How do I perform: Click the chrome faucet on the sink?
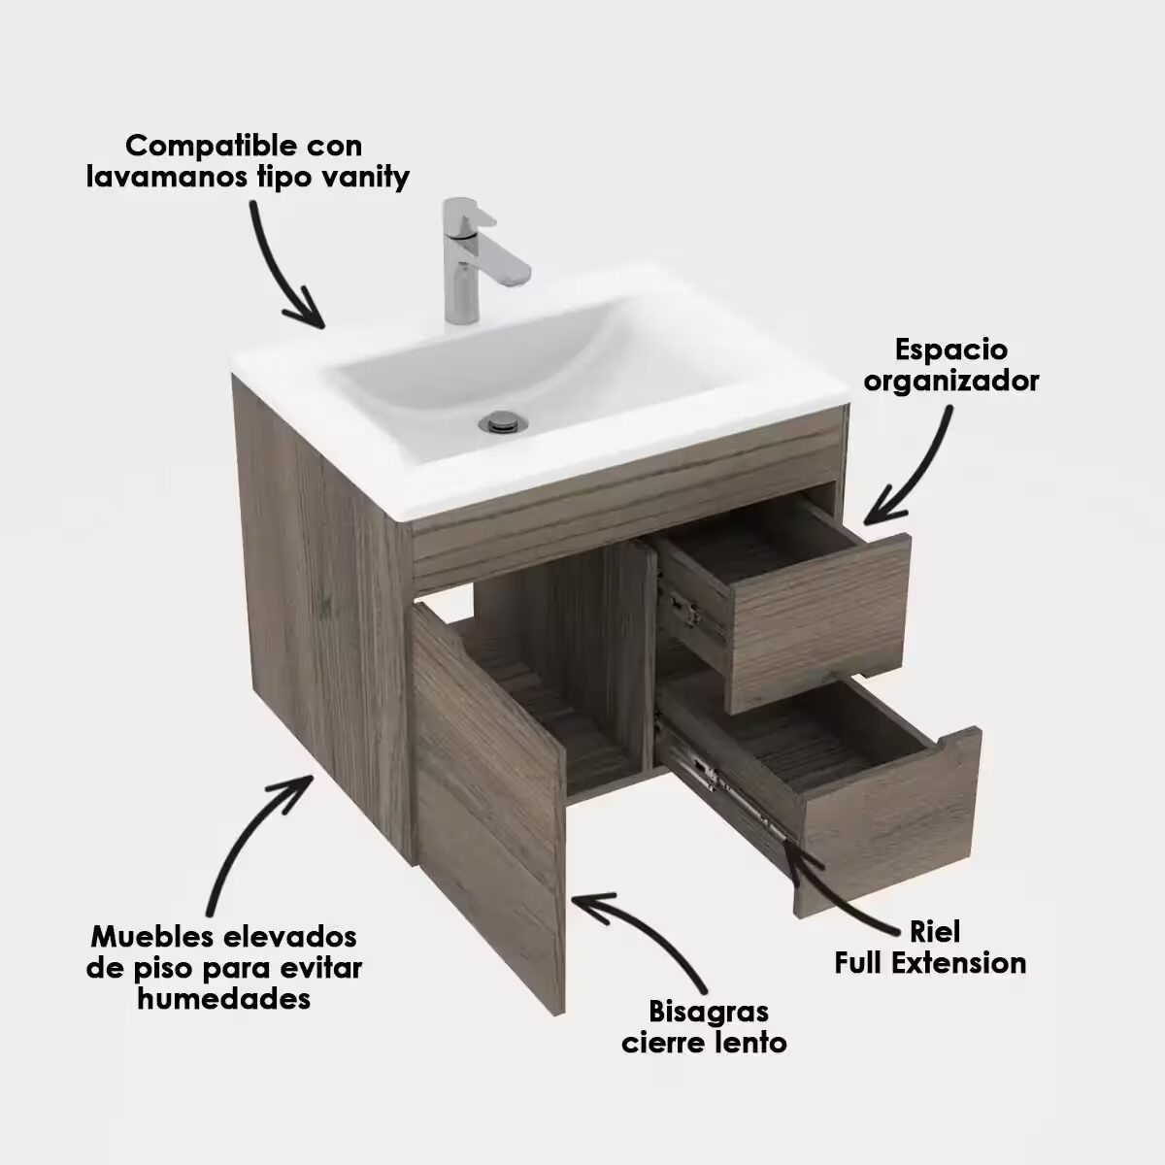coord(477,260)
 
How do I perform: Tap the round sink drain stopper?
coord(503,421)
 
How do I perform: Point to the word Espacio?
coord(951,351)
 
